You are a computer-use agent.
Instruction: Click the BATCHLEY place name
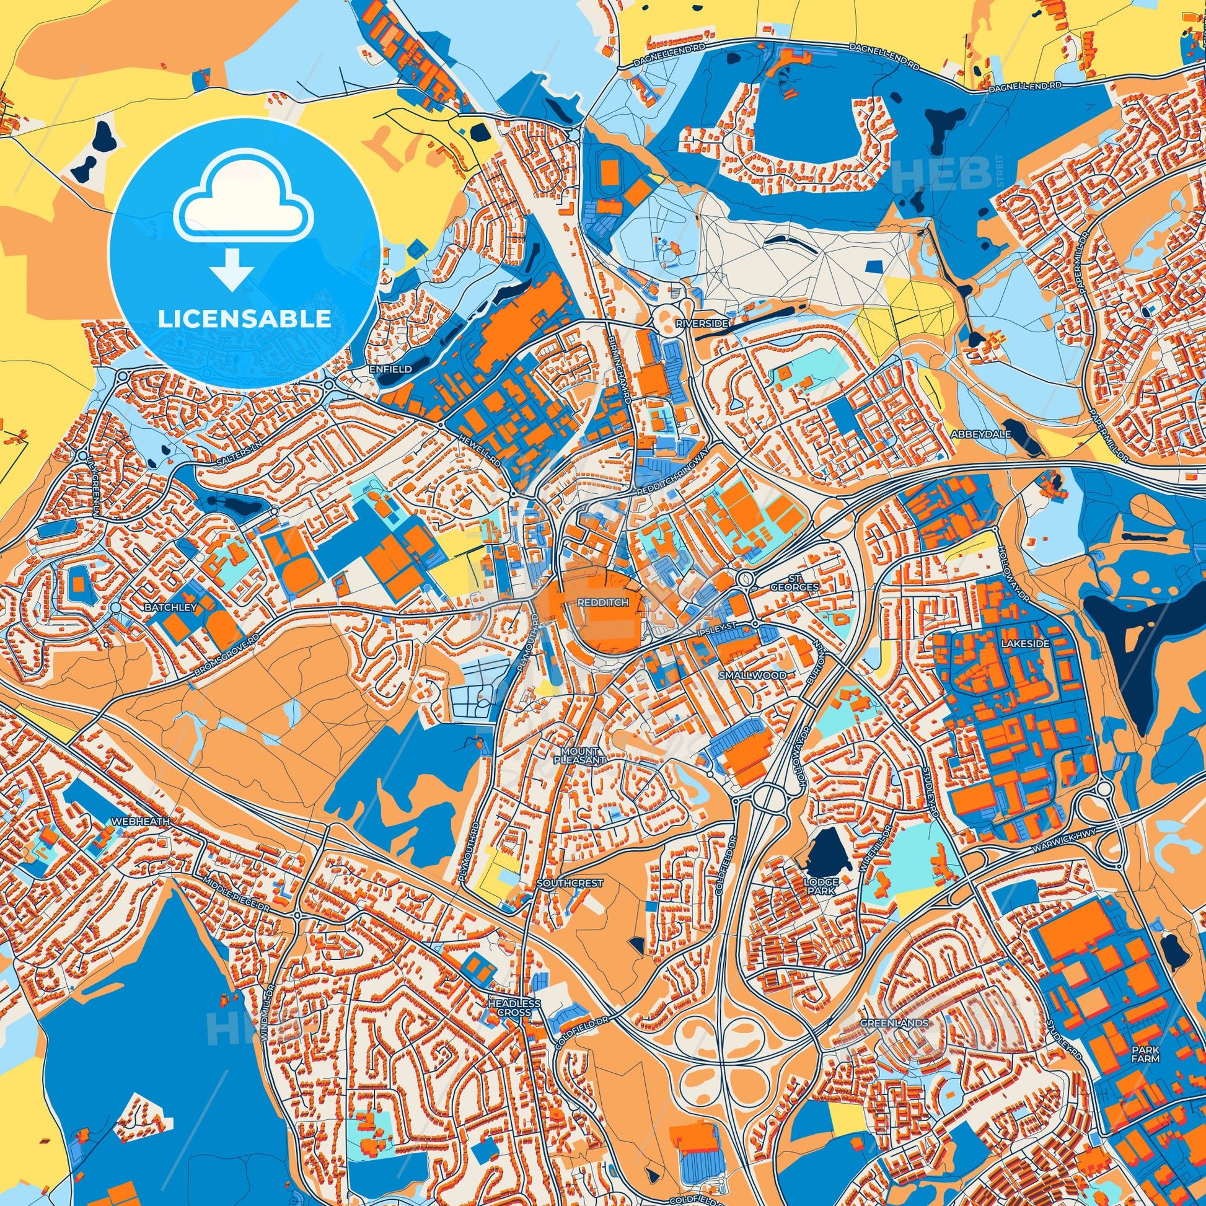click(x=162, y=607)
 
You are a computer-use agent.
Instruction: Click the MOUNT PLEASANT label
click(x=580, y=755)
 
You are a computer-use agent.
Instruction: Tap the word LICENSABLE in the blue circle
click(x=244, y=319)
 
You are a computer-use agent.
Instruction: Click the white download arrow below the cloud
click(x=232, y=269)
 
